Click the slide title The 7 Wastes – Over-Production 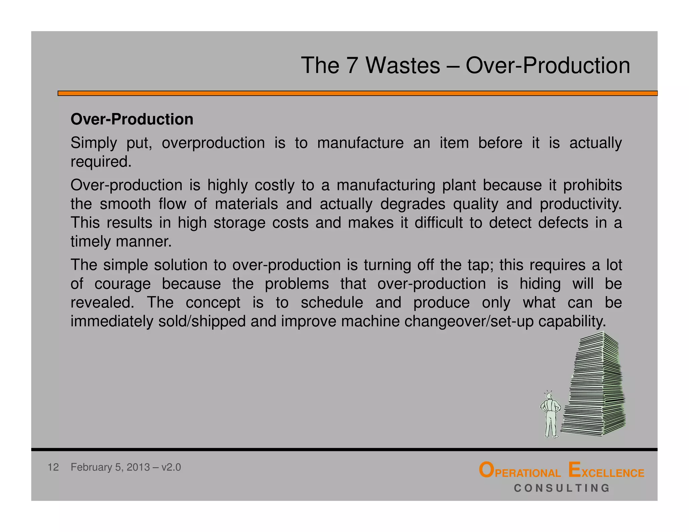[465, 65]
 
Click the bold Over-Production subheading [132, 119]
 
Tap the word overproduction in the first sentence [213, 143]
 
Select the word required [100, 162]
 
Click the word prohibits [592, 185]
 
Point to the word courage [122, 284]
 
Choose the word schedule [332, 303]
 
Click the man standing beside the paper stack [551, 415]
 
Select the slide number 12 [53, 467]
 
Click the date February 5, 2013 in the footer [110, 467]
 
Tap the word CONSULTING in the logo [562, 488]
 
